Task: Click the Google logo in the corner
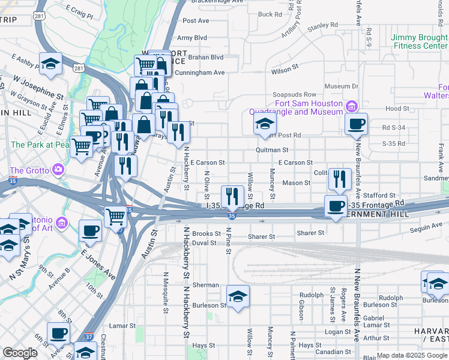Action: (20, 353)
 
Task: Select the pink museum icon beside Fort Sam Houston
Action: (352, 107)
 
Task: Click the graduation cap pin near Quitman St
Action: (264, 124)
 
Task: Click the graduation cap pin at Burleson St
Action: (238, 296)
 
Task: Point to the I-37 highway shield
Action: (89, 338)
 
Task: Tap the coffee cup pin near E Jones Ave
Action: (91, 230)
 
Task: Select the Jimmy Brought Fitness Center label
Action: (419, 41)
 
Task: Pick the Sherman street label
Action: (205, 286)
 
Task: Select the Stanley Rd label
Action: (322, 26)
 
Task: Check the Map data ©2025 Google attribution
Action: (411, 355)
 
